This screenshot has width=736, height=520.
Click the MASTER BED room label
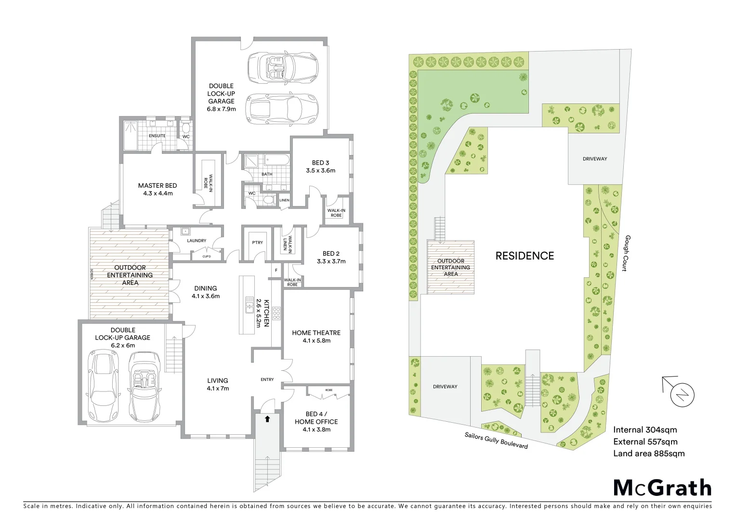[158, 185]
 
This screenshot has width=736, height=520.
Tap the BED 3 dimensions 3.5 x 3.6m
[320, 170]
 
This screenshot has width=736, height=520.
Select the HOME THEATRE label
[316, 333]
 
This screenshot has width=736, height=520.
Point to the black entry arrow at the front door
[267, 419]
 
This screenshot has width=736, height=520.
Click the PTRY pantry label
[257, 242]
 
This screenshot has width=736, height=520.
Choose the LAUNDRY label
[197, 241]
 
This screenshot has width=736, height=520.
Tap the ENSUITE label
[157, 136]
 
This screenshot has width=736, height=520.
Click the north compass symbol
[682, 395]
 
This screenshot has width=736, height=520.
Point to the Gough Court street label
[625, 253]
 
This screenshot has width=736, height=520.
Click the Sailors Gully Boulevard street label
[496, 440]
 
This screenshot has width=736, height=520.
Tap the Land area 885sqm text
[648, 453]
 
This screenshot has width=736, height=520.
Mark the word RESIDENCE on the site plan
[525, 256]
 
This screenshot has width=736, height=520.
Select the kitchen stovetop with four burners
[277, 313]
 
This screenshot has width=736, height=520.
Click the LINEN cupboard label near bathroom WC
[284, 200]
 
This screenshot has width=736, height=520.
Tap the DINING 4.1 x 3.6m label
[206, 292]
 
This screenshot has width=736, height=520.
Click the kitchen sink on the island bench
[249, 305]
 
